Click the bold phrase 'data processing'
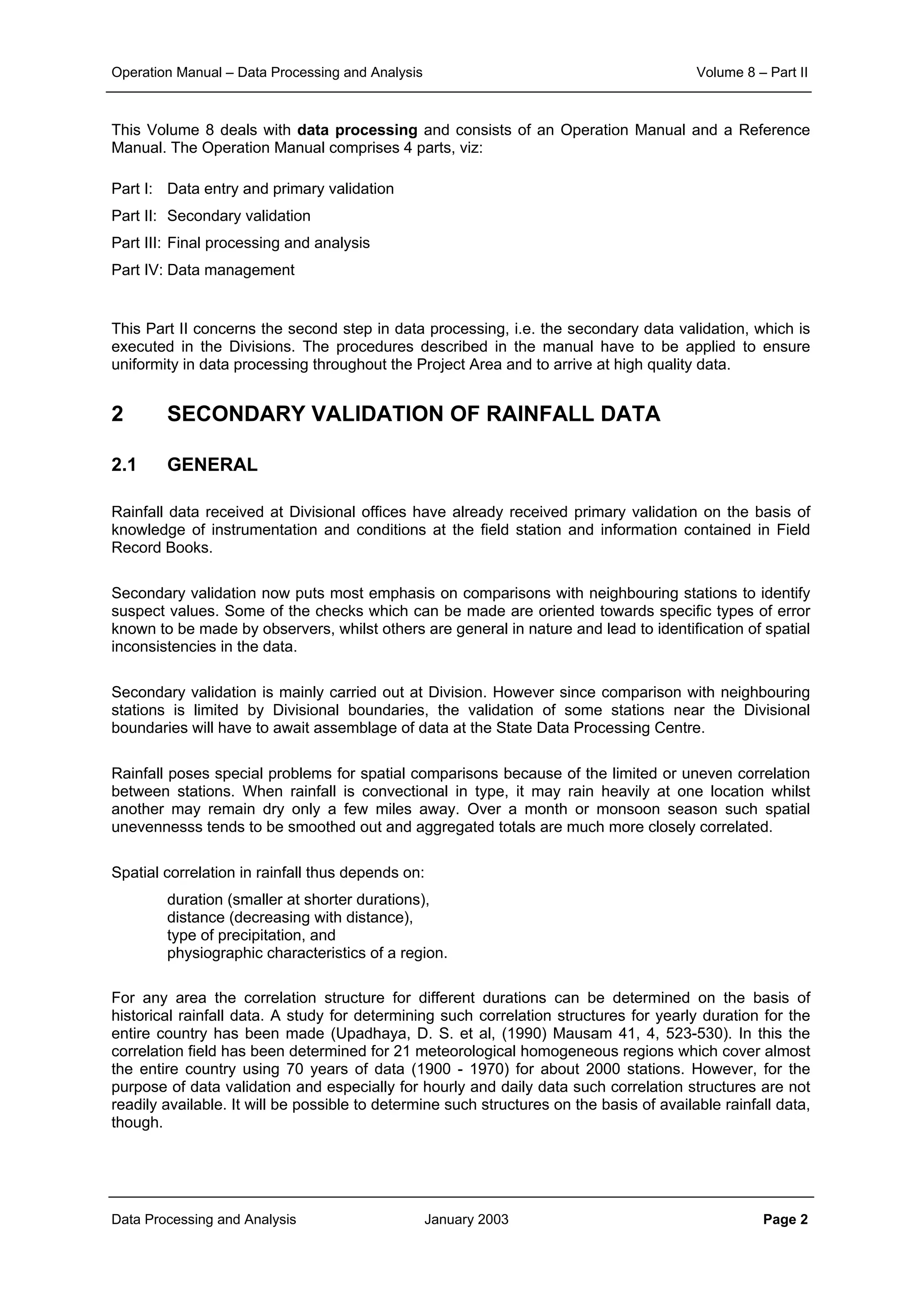tap(357, 130)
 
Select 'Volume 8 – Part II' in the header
tap(751, 72)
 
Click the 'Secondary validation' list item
tap(238, 216)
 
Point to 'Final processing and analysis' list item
tap(268, 243)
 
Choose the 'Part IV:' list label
tap(137, 270)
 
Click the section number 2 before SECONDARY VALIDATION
tap(117, 414)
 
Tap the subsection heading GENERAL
tap(212, 464)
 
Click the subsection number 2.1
tap(124, 464)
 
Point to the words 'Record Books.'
tap(162, 548)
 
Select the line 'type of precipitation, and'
tap(251, 935)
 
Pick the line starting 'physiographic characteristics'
tap(307, 953)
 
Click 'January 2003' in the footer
tap(466, 1219)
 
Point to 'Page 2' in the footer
tap(785, 1219)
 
